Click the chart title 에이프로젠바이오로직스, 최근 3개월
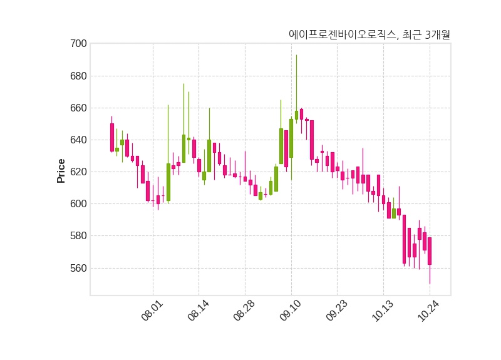pyautogui.click(x=369, y=35)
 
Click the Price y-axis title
pyautogui.click(x=61, y=170)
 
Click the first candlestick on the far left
pyautogui.click(x=112, y=137)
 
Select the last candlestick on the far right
pyautogui.click(x=430, y=250)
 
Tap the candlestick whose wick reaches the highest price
pyautogui.click(x=296, y=115)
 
